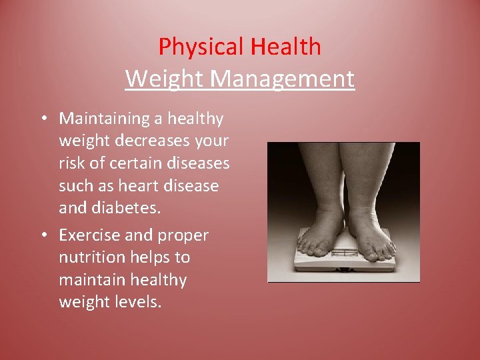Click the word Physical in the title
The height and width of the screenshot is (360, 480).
tap(201, 47)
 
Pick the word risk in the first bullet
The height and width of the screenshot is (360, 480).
tap(71, 163)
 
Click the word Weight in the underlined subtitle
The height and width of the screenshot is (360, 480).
tap(165, 79)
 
